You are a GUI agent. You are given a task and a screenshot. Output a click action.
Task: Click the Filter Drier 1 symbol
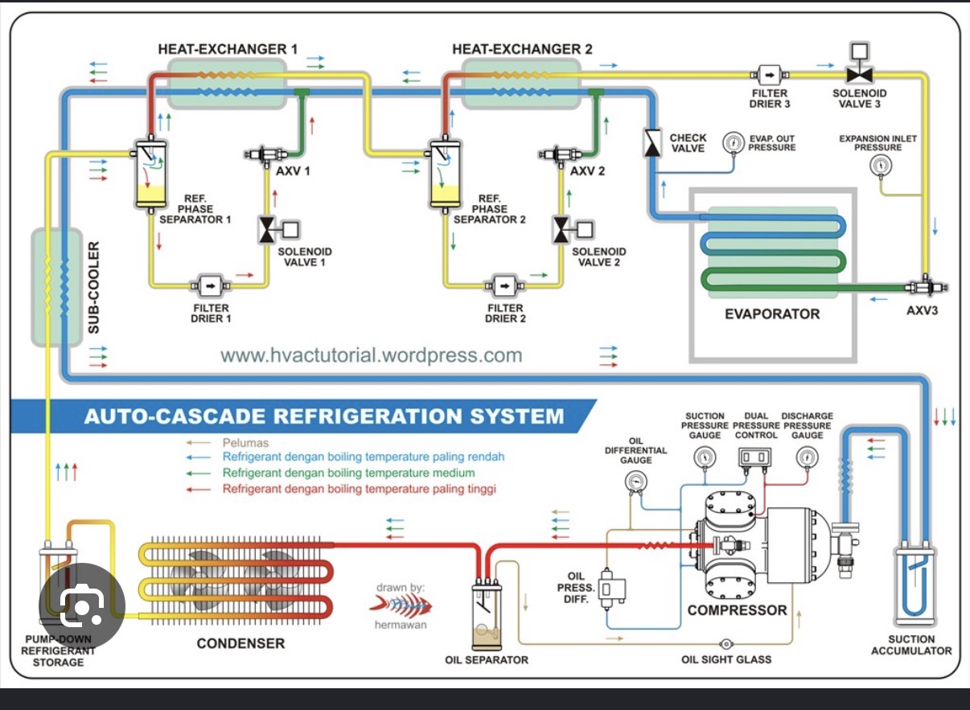click(x=211, y=285)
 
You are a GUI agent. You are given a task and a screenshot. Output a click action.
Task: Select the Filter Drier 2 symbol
click(x=504, y=285)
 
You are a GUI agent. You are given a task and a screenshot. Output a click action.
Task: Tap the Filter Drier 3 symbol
click(x=770, y=75)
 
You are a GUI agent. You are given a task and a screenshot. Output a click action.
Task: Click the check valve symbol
click(x=652, y=142)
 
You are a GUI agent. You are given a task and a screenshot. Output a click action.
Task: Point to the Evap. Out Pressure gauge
click(x=733, y=142)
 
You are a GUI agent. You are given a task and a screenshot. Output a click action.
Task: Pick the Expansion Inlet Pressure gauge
click(x=881, y=166)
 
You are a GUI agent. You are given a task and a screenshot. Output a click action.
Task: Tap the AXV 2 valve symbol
click(x=561, y=154)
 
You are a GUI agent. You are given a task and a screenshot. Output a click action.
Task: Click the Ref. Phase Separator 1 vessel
click(x=150, y=175)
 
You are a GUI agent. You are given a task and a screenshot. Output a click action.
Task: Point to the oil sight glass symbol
click(x=726, y=644)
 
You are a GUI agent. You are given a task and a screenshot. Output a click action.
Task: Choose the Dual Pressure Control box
click(x=754, y=458)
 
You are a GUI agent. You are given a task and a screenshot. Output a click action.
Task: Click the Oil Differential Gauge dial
click(x=636, y=482)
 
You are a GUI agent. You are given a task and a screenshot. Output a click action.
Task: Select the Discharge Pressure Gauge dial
click(x=808, y=458)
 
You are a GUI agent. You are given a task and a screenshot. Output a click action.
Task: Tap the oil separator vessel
click(x=487, y=615)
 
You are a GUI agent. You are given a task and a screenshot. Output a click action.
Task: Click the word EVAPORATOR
click(x=772, y=314)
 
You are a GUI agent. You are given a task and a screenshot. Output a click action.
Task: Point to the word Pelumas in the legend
click(x=245, y=443)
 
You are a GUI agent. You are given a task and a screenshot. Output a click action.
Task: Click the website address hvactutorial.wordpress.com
click(x=371, y=355)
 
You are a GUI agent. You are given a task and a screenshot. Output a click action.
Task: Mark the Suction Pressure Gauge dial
click(x=705, y=458)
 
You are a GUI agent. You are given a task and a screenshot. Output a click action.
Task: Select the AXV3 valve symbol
click(x=926, y=286)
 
